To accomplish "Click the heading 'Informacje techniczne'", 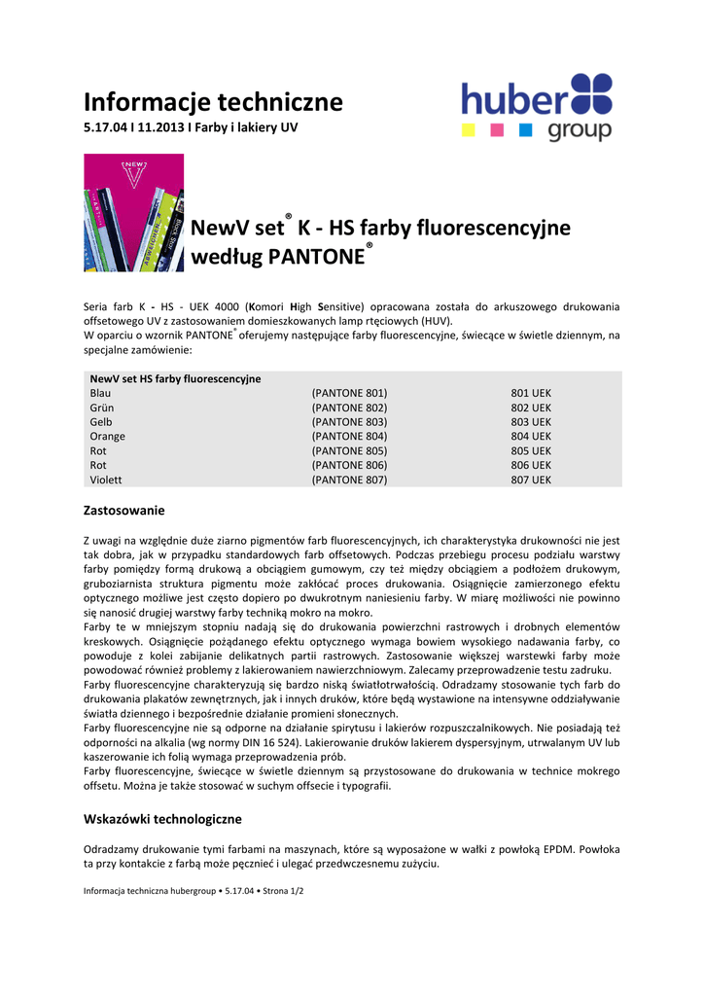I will tap(213, 101).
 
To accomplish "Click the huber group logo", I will tap(537, 107).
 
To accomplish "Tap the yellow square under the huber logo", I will tap(467, 128).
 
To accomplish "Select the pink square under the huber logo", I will tap(496, 128).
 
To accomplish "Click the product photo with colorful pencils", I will tap(133, 212).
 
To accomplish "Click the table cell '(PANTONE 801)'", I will tap(349, 393).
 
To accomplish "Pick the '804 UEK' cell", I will tap(531, 437).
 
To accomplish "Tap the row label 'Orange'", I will tap(107, 437).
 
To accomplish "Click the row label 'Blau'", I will tap(100, 393).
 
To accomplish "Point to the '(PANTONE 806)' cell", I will tap(349, 466).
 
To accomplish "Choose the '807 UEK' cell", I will tap(531, 480).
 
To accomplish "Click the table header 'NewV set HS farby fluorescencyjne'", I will tap(175, 378).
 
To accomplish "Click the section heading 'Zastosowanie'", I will tap(123, 510).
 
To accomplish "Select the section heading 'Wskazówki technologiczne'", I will tap(162, 819).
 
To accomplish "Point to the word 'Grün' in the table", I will tap(101, 408).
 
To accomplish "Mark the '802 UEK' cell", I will tap(531, 408).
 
